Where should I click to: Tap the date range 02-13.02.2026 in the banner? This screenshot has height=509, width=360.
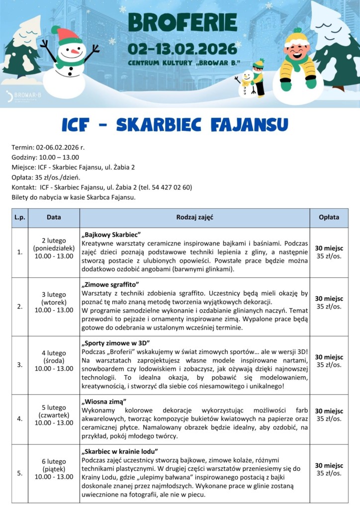pos(182,49)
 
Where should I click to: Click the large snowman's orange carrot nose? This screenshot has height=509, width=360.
pos(75,51)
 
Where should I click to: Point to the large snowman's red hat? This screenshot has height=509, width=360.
pos(68,35)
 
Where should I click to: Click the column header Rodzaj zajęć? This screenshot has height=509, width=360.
pos(194,217)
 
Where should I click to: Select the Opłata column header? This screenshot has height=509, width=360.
pos(329,217)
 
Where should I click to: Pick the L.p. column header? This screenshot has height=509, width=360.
pos(20,217)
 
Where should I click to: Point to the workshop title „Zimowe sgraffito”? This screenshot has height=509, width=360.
pos(110,285)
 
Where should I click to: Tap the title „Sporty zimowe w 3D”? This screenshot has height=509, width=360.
pos(115,343)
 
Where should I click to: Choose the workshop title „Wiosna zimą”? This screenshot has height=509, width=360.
pos(104,401)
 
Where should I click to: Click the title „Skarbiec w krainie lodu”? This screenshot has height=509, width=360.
pos(119,451)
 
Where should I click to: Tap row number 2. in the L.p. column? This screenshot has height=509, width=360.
pos(20,306)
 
